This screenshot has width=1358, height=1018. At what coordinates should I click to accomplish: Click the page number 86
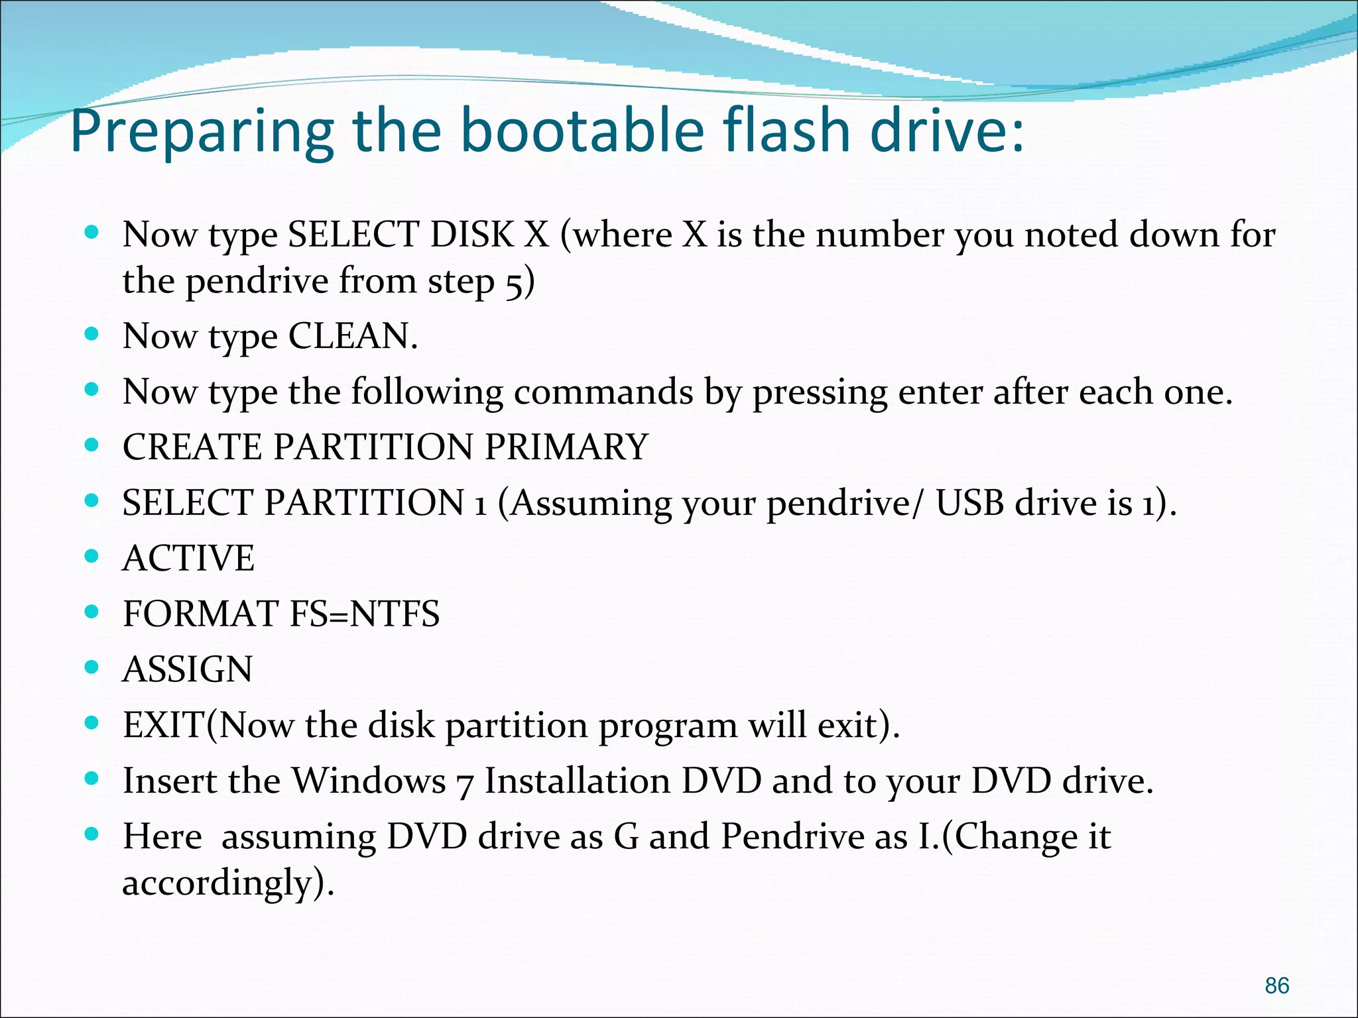[x=1276, y=986]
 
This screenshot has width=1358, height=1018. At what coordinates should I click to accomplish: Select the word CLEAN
[x=352, y=336]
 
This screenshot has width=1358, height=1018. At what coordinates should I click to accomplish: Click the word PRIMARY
[x=566, y=447]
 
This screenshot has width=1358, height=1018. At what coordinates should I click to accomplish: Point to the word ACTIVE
[x=188, y=558]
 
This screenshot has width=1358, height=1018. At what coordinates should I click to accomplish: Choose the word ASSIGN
[x=188, y=669]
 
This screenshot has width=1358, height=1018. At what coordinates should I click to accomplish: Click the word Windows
[x=369, y=781]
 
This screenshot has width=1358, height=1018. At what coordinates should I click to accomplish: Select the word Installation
[x=578, y=781]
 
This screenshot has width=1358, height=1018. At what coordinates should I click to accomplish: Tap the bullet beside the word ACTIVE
[x=92, y=555]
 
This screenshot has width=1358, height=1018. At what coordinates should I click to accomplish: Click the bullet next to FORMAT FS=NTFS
[x=92, y=611]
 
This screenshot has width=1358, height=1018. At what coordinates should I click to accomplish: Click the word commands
[x=603, y=392]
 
